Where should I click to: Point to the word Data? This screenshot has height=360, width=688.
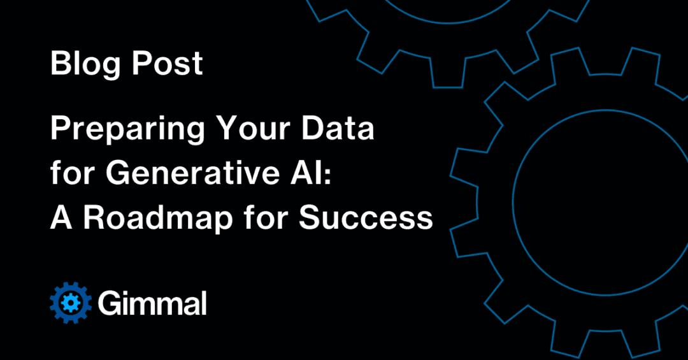pyautogui.click(x=343, y=130)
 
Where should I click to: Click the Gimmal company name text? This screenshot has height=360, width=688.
pyautogui.click(x=152, y=303)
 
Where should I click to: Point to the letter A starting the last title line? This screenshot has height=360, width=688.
pyautogui.click(x=61, y=218)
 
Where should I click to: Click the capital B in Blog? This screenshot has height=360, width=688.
pyautogui.click(x=59, y=64)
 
